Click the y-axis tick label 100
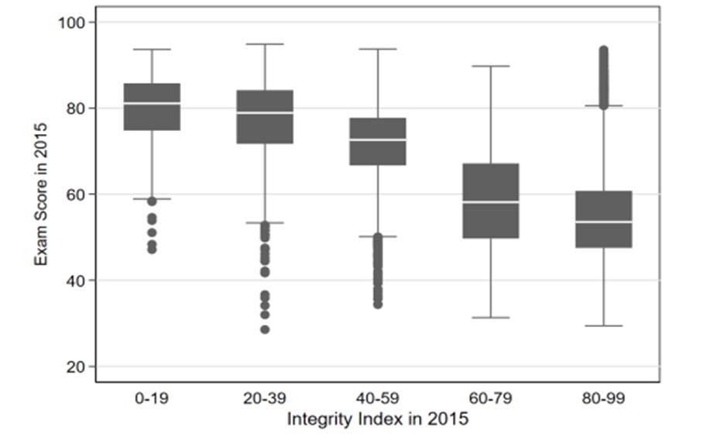[73, 22]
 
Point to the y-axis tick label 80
[77, 108]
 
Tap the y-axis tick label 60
[77, 195]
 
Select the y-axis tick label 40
[77, 281]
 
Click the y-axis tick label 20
[77, 367]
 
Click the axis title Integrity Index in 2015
[378, 419]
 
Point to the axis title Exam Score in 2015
[40, 195]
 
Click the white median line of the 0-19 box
[152, 103]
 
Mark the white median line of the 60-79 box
[491, 202]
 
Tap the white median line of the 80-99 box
[604, 222]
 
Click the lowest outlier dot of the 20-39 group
[265, 329]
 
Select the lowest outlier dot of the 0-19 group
[152, 250]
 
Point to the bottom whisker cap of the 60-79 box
[491, 318]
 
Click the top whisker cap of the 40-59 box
[378, 49]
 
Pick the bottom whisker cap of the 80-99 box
[604, 325]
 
